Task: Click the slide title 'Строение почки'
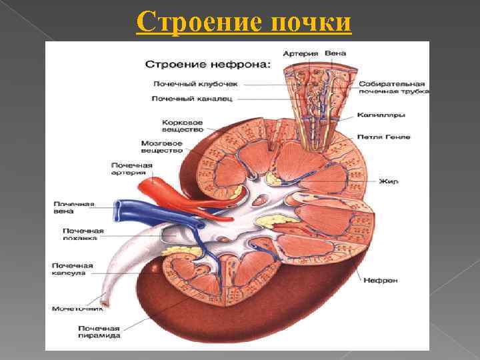[x=243, y=21]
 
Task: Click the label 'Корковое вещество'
[x=183, y=127]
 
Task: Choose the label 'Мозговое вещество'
[x=162, y=147]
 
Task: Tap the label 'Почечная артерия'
[x=132, y=168]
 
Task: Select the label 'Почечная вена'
[x=75, y=207]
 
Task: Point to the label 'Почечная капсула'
[x=73, y=269]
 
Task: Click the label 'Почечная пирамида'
[x=99, y=331]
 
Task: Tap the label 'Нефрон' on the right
[x=381, y=280]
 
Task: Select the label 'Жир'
[x=388, y=181]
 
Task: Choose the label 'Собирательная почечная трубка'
[x=392, y=88]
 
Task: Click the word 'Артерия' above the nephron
[x=300, y=53]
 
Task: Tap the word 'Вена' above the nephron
[x=335, y=53]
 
